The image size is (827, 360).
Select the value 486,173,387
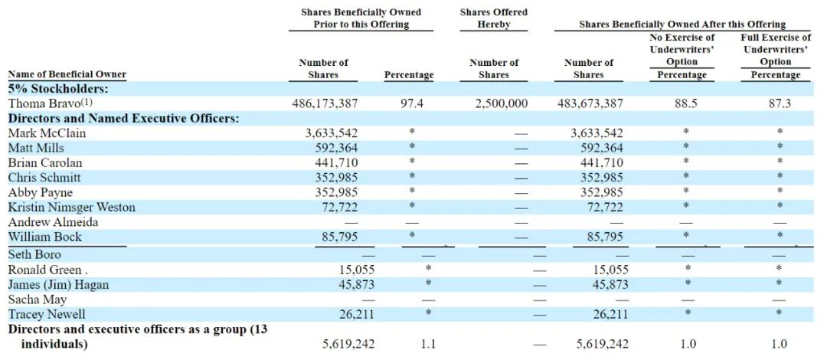[325, 103]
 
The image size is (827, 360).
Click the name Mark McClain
[47, 133]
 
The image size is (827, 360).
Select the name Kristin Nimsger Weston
[71, 208]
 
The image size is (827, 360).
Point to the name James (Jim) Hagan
[58, 285]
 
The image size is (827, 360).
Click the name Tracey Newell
[47, 315]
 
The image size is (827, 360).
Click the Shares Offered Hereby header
[494, 18]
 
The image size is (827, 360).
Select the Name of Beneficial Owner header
[67, 74]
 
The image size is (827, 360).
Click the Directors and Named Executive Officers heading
[123, 119]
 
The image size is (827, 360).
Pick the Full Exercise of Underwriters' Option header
[776, 49]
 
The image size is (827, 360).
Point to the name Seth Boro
[34, 254]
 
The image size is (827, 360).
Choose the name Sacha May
[38, 299]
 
